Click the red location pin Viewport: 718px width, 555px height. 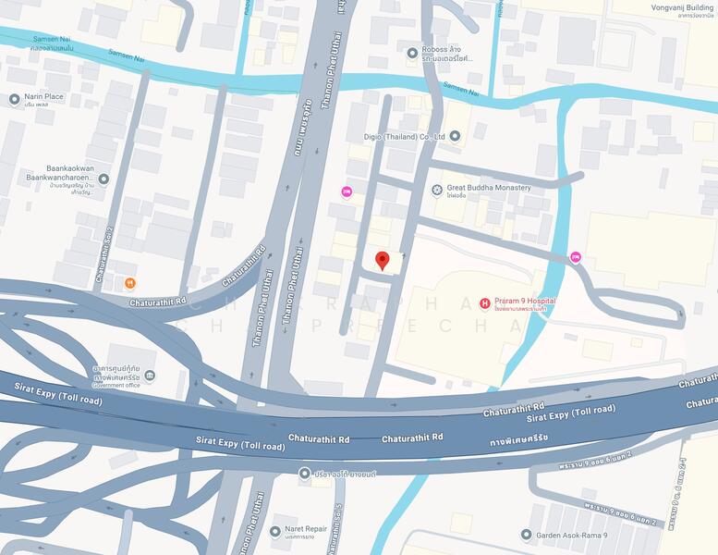point(383,261)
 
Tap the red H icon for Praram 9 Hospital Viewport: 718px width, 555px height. point(484,302)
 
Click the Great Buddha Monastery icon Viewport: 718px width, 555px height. point(438,189)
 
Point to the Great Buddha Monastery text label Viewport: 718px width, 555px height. point(489,188)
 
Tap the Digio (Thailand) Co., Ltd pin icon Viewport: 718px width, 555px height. point(454,136)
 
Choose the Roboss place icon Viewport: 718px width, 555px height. point(413,53)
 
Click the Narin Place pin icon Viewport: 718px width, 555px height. point(14,99)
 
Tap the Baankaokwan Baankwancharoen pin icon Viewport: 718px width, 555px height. point(103,179)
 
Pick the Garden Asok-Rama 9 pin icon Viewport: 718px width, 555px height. point(526,535)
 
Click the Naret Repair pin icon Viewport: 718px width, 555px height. point(274,532)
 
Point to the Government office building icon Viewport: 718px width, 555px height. point(150,376)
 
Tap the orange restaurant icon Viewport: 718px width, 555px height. point(129,282)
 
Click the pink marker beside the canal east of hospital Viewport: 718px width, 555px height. point(576,257)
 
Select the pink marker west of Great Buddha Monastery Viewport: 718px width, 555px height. point(347,191)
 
